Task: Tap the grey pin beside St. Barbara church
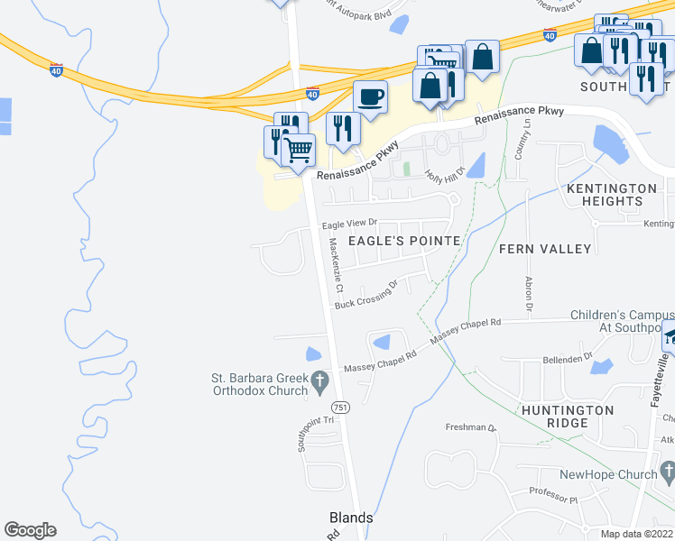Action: [x=320, y=383]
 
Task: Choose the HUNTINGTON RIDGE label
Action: [x=567, y=417]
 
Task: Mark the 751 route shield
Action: [x=340, y=408]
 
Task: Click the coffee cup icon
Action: [x=369, y=96]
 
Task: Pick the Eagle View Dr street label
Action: [x=349, y=223]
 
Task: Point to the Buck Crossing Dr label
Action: [x=366, y=297]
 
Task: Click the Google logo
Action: [x=30, y=530]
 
